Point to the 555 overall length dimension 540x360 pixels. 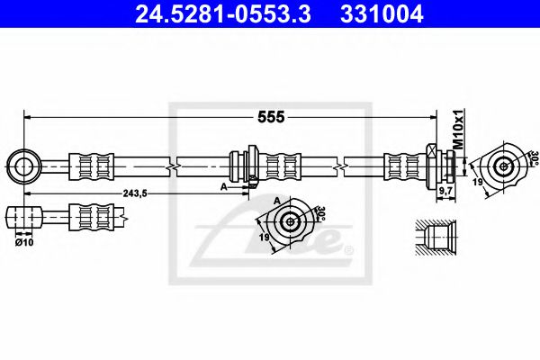272,117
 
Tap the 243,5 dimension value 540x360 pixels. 133,193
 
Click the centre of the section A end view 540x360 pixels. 291,221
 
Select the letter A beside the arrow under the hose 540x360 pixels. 222,187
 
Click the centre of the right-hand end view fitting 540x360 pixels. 502,165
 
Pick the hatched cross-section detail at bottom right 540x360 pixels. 437,238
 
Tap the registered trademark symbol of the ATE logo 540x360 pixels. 349,249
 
